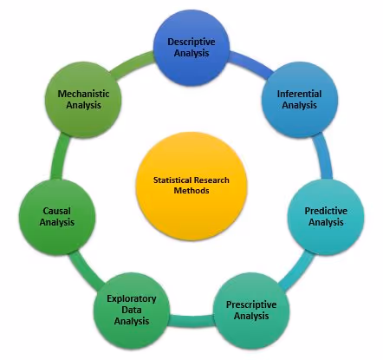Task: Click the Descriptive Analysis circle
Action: tap(191, 48)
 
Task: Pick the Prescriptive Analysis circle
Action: tap(252, 310)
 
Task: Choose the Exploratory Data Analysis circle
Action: tap(131, 310)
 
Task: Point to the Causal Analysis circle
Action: tap(57, 216)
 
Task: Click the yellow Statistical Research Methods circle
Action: tap(191, 185)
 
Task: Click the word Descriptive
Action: tap(191, 42)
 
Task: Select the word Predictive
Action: tap(327, 211)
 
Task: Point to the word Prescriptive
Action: tap(252, 304)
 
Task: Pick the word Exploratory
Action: tap(131, 299)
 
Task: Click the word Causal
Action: tap(57, 211)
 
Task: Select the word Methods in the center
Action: tap(191, 191)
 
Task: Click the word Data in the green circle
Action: tap(131, 310)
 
